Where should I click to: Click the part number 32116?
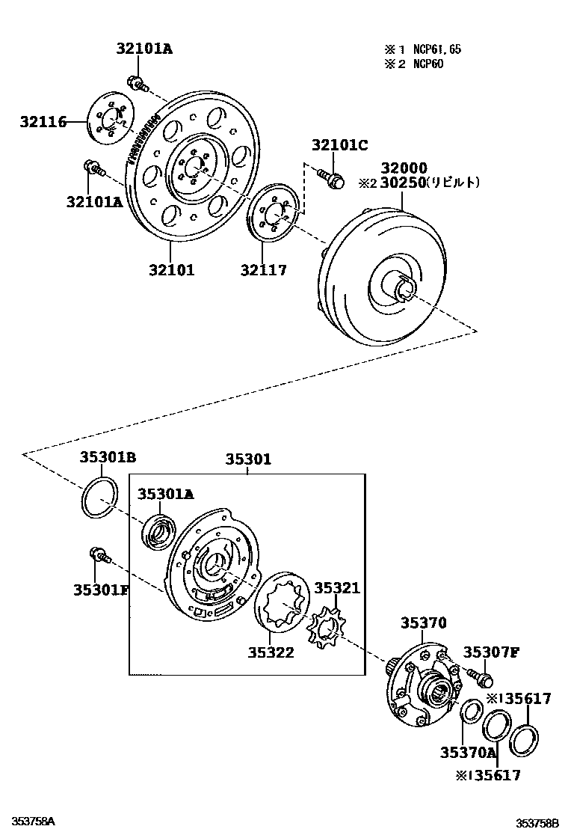point(43,121)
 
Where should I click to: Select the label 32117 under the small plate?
point(263,270)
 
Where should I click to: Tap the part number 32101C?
point(340,145)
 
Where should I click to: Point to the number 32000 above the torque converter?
point(404,168)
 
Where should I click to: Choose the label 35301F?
point(101,590)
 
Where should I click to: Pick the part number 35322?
point(271,652)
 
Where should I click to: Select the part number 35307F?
point(490,652)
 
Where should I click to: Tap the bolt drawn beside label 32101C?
point(330,178)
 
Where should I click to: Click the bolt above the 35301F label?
point(98,554)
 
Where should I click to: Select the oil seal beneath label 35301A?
point(158,532)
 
